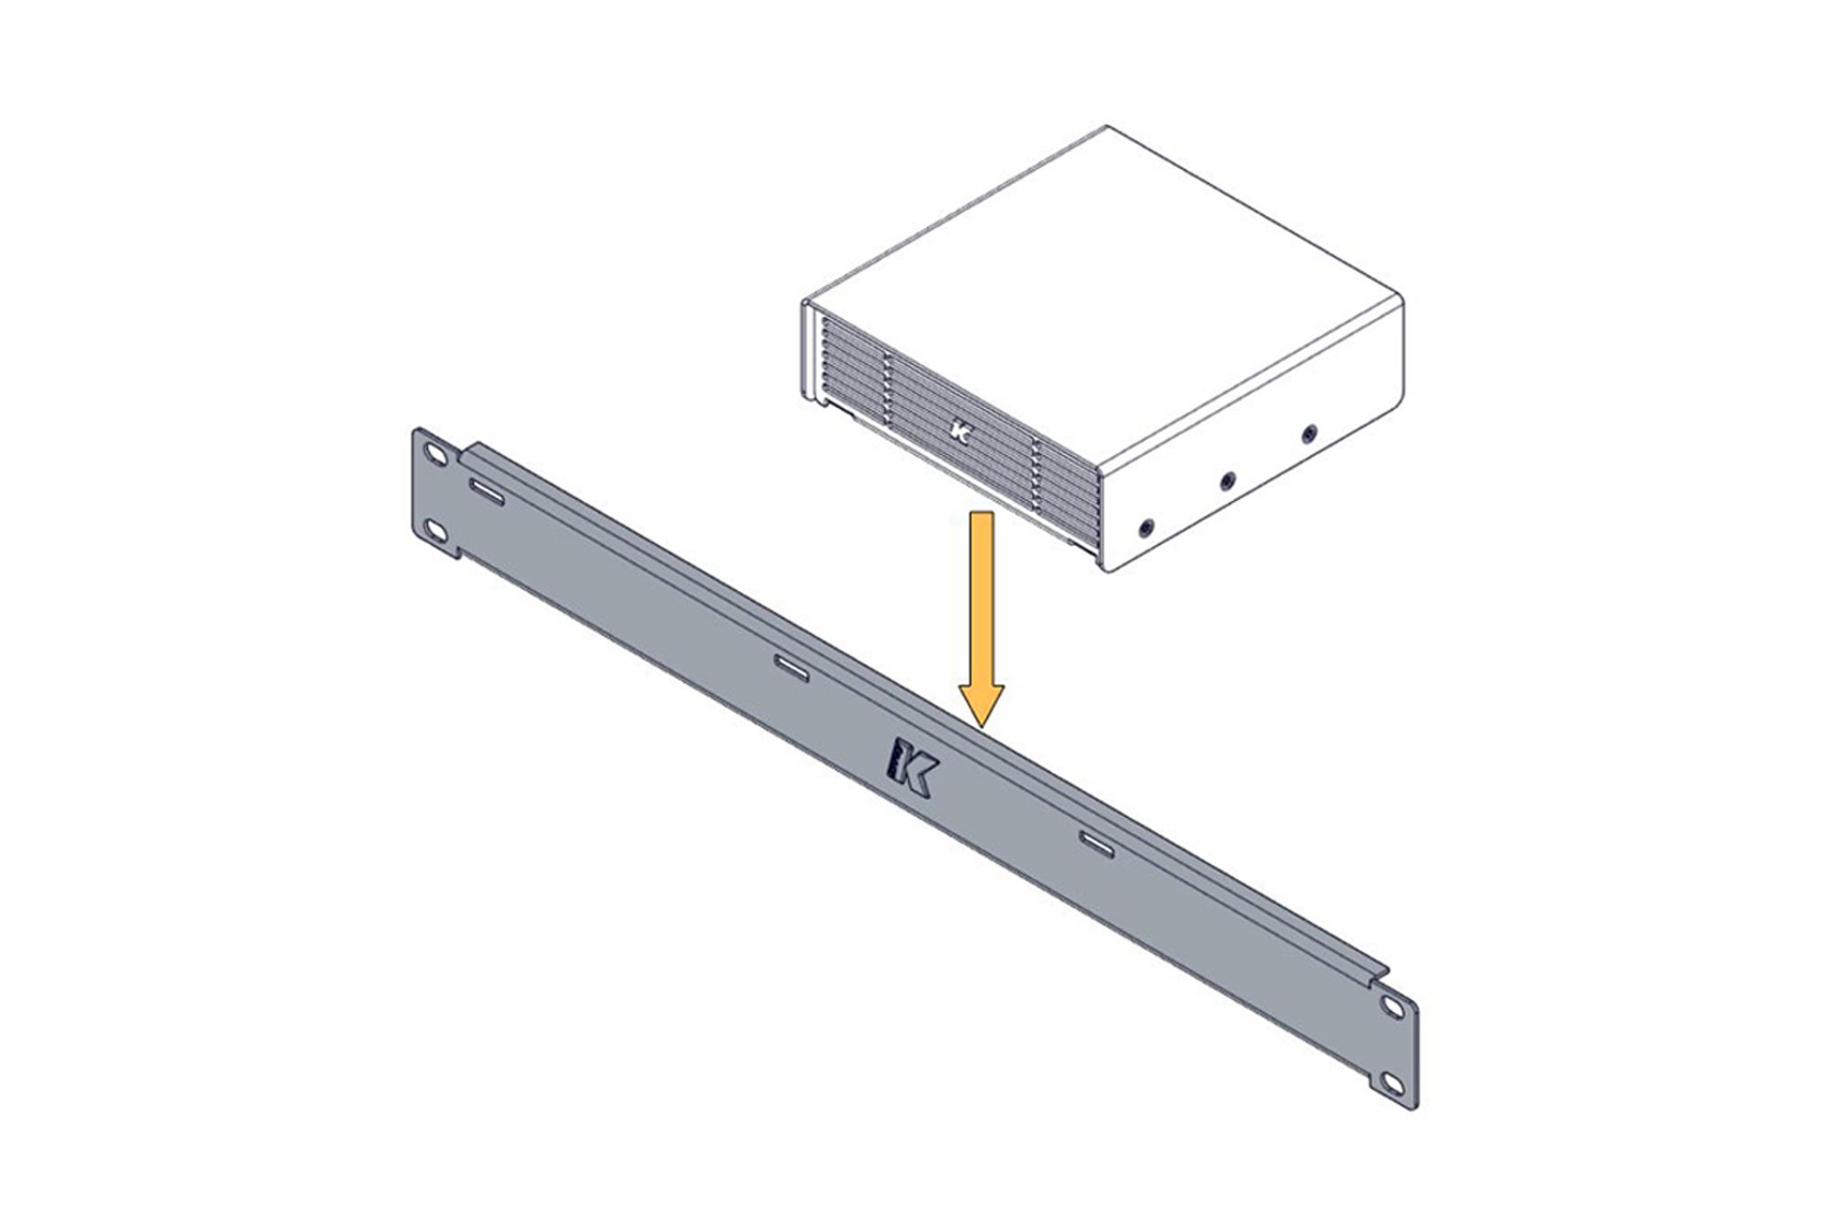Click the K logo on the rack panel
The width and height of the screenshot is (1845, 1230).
tap(913, 768)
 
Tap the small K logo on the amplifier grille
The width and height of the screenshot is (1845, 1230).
tap(960, 432)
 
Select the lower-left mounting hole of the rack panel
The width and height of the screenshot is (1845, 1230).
tap(436, 532)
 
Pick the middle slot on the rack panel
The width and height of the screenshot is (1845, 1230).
tap(792, 668)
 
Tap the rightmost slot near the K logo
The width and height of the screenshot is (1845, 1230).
tap(1096, 843)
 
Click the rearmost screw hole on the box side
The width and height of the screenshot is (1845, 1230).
tap(1309, 434)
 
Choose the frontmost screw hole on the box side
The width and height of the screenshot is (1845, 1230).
tap(1146, 526)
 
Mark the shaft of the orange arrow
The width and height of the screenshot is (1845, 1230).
tap(981, 595)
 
